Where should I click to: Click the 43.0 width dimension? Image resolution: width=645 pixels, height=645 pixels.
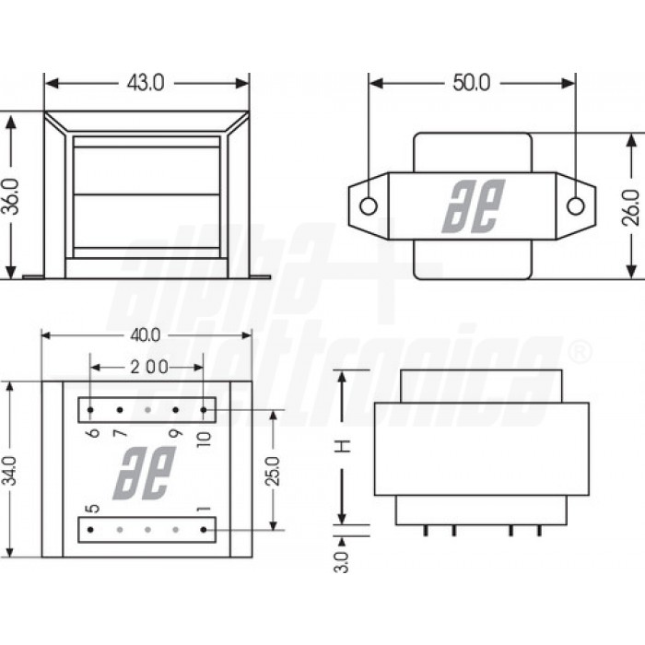(x=146, y=83)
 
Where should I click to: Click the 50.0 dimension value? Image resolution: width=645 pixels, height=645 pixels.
(x=471, y=83)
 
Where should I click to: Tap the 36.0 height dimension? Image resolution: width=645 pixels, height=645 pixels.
(x=11, y=195)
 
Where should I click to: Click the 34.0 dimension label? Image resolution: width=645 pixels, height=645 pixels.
(x=11, y=472)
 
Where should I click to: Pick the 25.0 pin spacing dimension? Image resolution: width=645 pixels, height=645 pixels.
(x=274, y=471)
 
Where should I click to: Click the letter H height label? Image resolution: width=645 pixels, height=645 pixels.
(x=342, y=446)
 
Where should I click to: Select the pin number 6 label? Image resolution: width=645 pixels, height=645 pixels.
(x=92, y=434)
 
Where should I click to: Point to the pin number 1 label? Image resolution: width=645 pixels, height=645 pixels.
(x=205, y=510)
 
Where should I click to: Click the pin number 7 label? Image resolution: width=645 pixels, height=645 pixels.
(x=120, y=434)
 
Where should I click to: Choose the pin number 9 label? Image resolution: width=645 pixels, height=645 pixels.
(x=176, y=434)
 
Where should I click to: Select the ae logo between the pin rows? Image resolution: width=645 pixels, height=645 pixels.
(x=145, y=473)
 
